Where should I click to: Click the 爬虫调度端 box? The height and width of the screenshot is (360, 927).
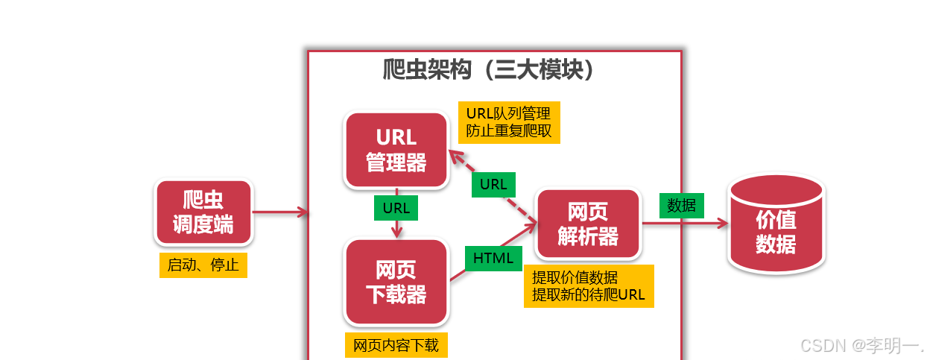(203, 212)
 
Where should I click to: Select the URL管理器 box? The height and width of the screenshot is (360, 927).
(396, 150)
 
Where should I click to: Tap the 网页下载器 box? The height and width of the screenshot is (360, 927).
(396, 282)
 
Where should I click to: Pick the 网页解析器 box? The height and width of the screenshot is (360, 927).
(588, 224)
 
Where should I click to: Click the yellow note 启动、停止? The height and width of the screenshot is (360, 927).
(203, 265)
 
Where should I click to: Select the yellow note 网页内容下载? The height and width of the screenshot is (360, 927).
(396, 345)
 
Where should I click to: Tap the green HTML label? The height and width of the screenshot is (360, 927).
(493, 259)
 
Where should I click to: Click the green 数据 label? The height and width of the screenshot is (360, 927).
(681, 206)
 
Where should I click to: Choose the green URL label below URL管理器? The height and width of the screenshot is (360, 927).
(396, 208)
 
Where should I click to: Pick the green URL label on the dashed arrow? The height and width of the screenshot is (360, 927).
(493, 184)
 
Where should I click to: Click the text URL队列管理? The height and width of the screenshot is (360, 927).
(508, 113)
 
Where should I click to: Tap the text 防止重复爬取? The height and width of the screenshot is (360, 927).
(508, 131)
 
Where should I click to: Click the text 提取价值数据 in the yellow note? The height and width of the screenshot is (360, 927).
(575, 277)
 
